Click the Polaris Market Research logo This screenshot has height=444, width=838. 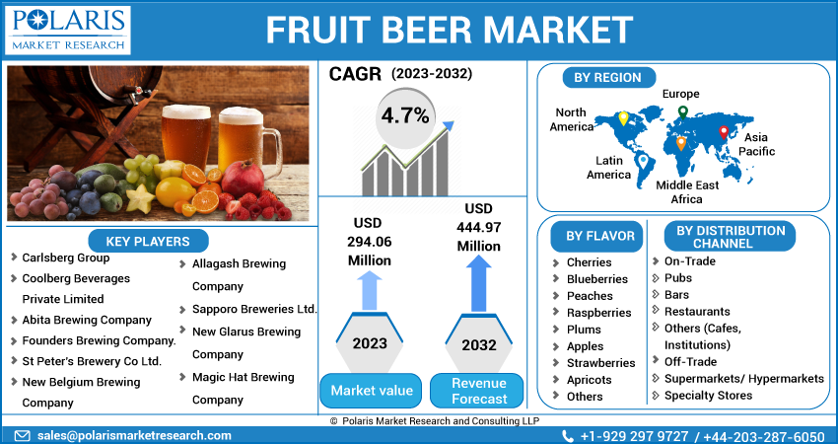pyautogui.click(x=68, y=30)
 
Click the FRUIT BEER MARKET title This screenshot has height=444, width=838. pyautogui.click(x=449, y=30)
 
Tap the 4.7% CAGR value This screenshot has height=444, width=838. pyautogui.click(x=405, y=115)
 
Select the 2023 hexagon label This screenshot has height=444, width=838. pyautogui.click(x=369, y=343)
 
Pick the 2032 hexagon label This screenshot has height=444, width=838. pyautogui.click(x=478, y=343)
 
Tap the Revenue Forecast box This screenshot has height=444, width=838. pyautogui.click(x=478, y=391)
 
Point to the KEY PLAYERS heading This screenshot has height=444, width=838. pyautogui.click(x=148, y=241)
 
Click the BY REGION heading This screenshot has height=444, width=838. pyautogui.click(x=607, y=77)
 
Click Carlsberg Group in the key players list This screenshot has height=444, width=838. pyautogui.click(x=65, y=258)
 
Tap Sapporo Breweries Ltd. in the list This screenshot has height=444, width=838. pyautogui.click(x=253, y=309)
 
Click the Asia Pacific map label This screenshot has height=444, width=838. pyautogui.click(x=758, y=144)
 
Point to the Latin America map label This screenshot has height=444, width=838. pyautogui.click(x=608, y=168)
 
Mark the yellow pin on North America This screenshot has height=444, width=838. pyautogui.click(x=622, y=118)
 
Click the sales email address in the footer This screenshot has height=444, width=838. pyautogui.click(x=135, y=435)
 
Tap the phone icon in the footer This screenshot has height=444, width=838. pyautogui.click(x=568, y=435)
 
